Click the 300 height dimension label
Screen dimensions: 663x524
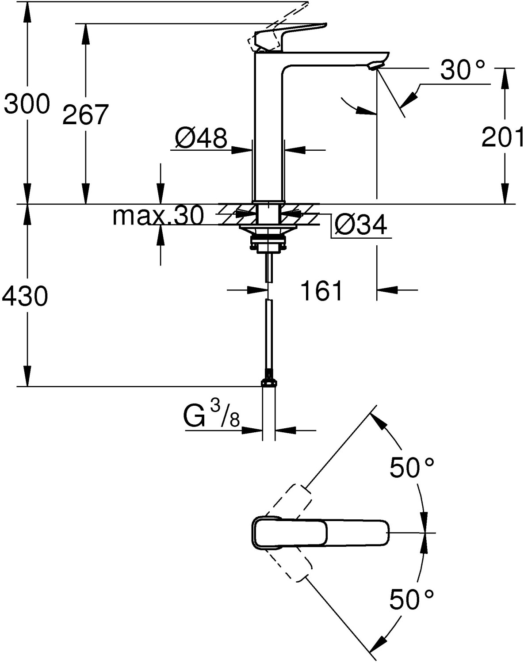point(27,105)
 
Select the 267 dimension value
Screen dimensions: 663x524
point(85,115)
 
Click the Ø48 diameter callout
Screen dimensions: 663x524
point(201,138)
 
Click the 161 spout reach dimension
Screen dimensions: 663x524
point(321,291)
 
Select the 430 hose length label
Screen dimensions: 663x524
point(25,296)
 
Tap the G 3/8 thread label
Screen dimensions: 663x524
point(211,416)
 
